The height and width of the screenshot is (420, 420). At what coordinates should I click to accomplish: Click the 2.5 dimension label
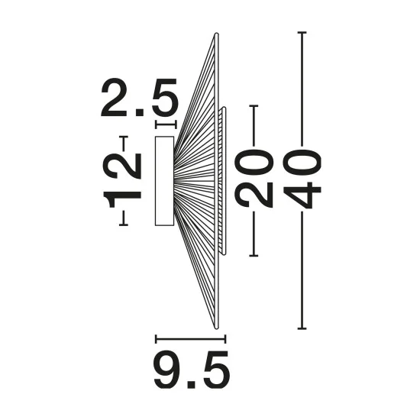(139, 98)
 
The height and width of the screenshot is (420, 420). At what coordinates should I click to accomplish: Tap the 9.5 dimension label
(192, 370)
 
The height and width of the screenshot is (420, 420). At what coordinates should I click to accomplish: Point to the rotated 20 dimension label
(254, 179)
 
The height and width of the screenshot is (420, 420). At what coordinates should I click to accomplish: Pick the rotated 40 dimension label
(302, 179)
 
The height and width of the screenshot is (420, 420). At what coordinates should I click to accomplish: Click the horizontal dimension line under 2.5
(166, 124)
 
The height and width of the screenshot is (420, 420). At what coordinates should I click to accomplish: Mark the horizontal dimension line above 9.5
(190, 339)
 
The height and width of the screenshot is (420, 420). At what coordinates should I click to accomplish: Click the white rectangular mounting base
(164, 181)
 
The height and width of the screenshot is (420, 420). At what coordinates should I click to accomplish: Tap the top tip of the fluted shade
(216, 34)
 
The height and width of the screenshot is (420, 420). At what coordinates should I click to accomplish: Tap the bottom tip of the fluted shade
(216, 328)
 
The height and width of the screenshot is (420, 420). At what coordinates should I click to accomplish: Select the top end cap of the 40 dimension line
(302, 32)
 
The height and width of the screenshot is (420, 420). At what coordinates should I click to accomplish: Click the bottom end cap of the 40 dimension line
(302, 328)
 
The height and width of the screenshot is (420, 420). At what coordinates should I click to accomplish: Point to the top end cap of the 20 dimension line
(254, 106)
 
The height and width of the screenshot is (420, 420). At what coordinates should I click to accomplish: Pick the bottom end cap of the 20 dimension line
(254, 256)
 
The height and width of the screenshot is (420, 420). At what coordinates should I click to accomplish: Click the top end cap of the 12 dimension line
(124, 137)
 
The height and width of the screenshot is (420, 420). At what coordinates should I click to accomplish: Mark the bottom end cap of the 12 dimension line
(124, 225)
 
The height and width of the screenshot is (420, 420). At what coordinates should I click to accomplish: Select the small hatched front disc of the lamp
(222, 180)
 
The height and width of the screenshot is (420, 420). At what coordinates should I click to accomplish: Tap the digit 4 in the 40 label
(302, 195)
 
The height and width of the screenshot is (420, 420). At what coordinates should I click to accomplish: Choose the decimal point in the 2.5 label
(139, 112)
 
